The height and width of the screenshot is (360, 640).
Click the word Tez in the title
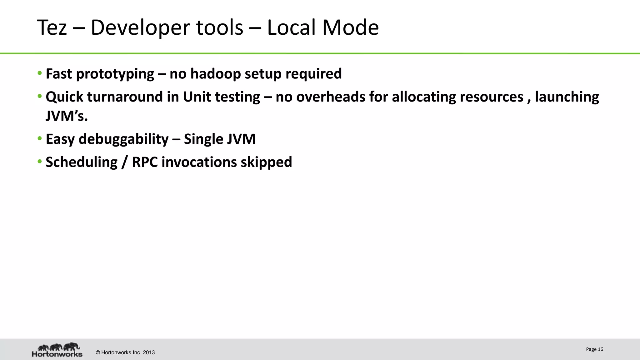[52, 27]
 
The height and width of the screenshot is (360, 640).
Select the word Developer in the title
[167, 27]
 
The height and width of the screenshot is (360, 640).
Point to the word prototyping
[115, 74]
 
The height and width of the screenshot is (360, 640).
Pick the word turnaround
[124, 97]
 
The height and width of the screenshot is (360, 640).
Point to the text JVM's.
[67, 116]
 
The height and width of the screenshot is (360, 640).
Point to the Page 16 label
[594, 349]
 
